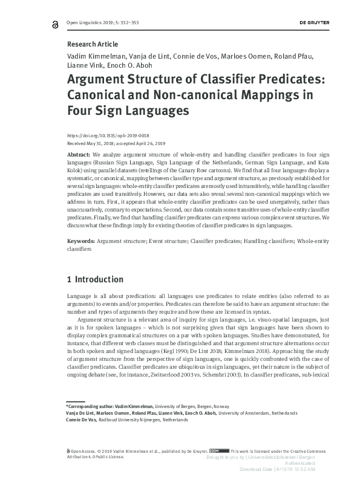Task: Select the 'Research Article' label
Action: point(92,44)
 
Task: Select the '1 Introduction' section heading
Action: point(94,279)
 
